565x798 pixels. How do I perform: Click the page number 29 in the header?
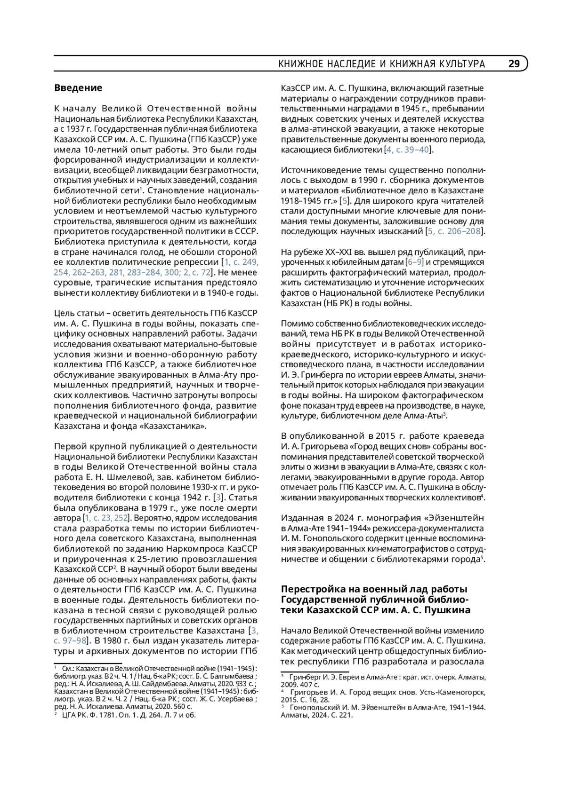tap(514, 63)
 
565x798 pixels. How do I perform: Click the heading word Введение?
tap(78, 88)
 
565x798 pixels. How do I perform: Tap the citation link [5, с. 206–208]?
tap(454, 231)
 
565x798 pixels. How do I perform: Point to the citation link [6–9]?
tap(415, 262)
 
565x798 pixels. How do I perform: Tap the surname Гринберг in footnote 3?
tap(305, 678)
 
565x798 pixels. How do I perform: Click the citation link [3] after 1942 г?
tap(218, 498)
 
